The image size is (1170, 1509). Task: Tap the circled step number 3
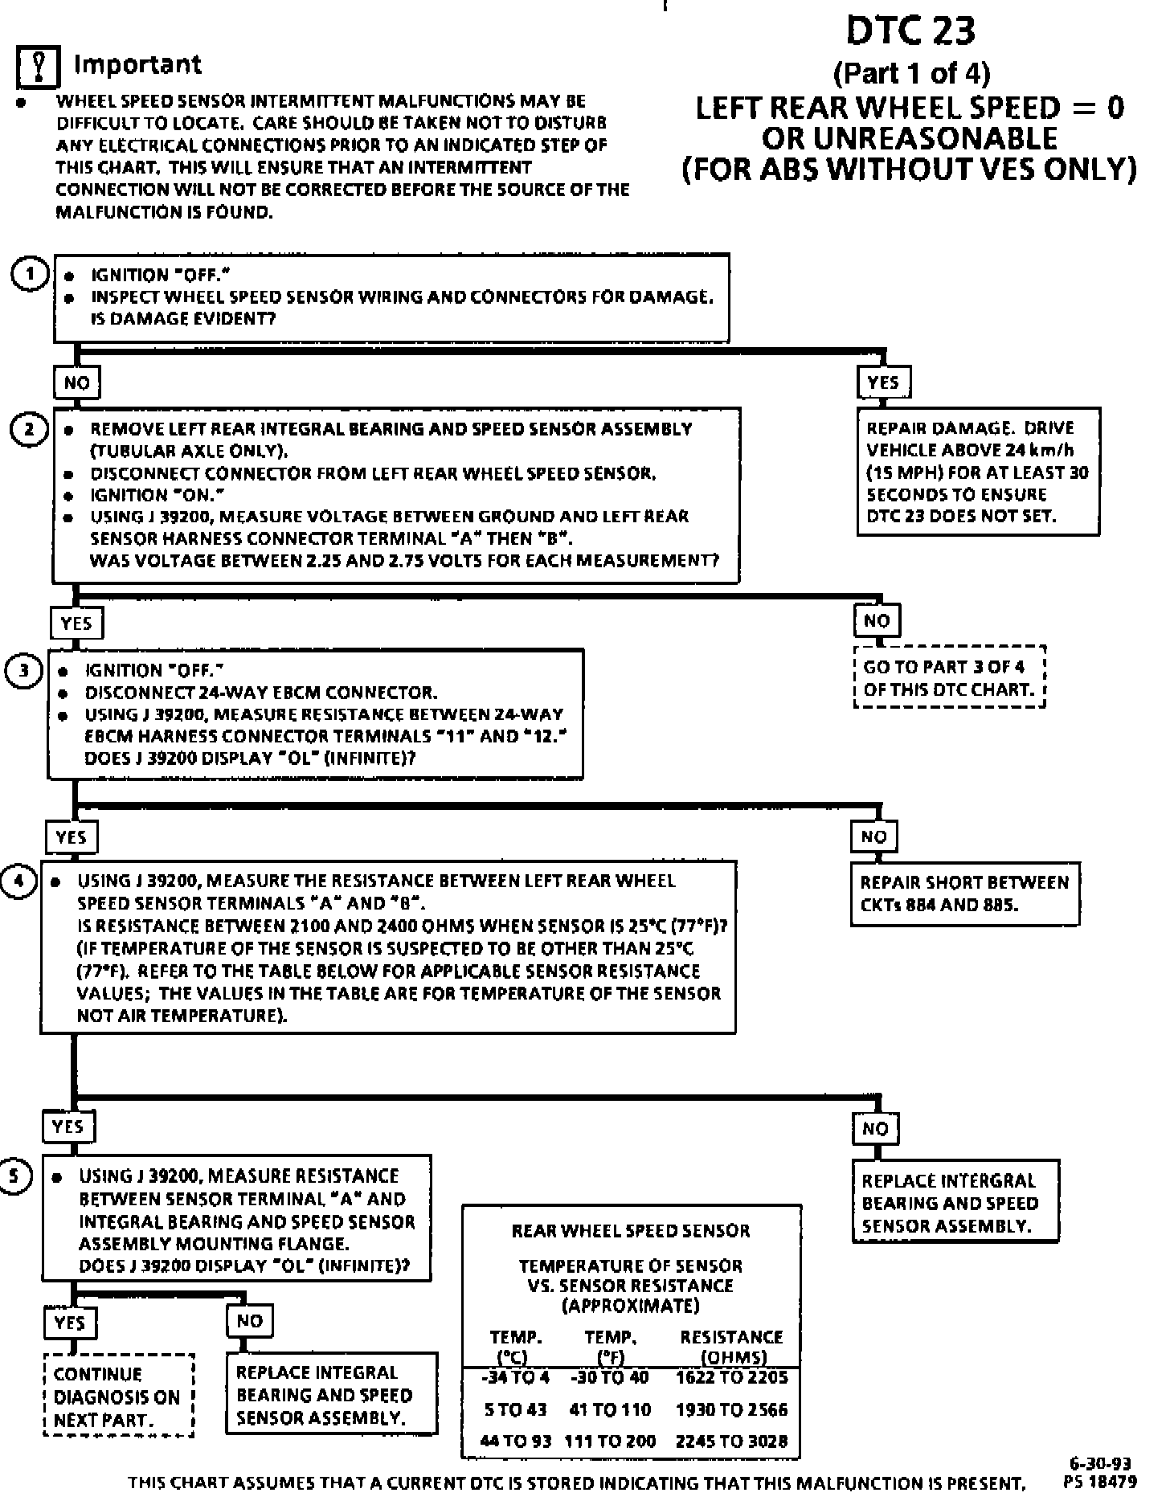(x=22, y=671)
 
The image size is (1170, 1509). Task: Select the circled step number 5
(x=16, y=1176)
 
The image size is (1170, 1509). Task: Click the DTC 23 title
(x=910, y=31)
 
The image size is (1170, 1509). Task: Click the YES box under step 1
(x=883, y=382)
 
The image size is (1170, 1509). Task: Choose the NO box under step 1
(x=76, y=382)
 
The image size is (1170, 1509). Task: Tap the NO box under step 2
(x=877, y=620)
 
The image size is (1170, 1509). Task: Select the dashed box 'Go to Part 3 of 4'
(x=949, y=678)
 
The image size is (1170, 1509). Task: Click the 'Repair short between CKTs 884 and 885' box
(x=964, y=894)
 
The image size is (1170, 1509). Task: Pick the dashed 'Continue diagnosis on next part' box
(x=117, y=1397)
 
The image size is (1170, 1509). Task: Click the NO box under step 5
(x=250, y=1321)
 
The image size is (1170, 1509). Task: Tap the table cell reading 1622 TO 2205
(x=731, y=1378)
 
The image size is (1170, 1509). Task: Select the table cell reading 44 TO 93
(x=515, y=1441)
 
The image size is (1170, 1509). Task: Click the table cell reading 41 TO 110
(x=610, y=1409)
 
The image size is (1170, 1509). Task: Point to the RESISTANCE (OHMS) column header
(x=731, y=1346)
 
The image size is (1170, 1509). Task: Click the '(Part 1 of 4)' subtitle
(x=911, y=74)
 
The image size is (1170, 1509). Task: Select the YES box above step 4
(x=72, y=837)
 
